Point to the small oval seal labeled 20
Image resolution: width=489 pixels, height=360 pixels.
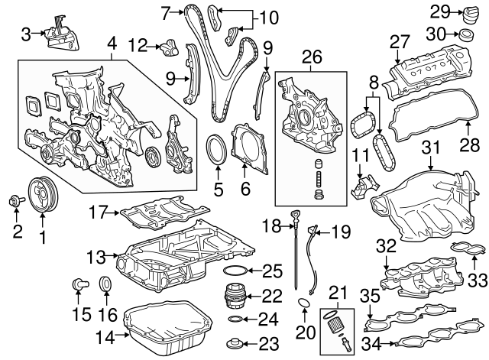tap(303, 306)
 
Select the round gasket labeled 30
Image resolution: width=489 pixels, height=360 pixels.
tap(464, 34)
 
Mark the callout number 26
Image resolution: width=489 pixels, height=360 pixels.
tap(309, 56)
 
